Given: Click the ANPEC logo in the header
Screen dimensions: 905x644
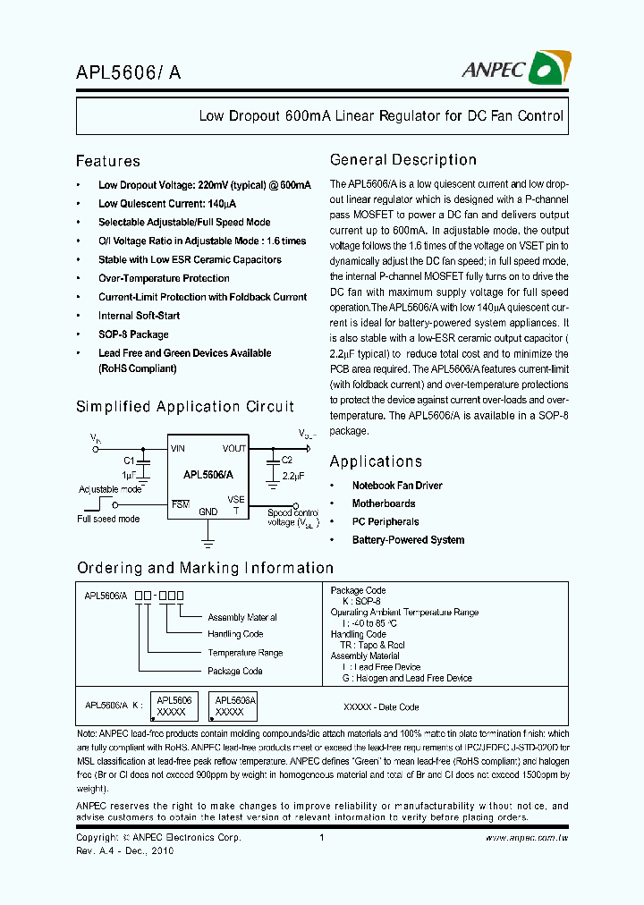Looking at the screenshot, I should pos(528,68).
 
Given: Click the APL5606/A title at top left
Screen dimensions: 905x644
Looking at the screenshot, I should pos(128,74).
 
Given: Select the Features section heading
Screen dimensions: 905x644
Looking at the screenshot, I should pos(108,161).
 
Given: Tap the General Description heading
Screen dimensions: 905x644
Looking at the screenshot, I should pos(402,160).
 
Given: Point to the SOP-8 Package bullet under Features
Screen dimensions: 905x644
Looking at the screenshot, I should pos(133,334).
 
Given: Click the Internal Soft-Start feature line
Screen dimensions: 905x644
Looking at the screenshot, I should pos(139,316).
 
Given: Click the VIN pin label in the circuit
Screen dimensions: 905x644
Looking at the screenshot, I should pos(178,448).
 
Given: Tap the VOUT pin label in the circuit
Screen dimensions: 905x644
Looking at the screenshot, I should pos(234,448).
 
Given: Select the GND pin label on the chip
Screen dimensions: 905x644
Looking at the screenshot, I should pos(208,512).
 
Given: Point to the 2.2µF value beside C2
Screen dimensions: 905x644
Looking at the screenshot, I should pos(294,478).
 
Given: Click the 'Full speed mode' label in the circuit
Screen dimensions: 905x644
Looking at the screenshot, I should pos(108,519).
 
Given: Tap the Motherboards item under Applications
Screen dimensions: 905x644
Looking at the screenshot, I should pos(383,503).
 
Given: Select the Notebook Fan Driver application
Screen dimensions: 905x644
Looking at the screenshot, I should pos(396,486).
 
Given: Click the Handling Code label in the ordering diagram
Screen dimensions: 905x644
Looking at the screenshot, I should pos(235,634).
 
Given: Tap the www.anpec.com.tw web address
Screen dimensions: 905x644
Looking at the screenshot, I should pos(527,838).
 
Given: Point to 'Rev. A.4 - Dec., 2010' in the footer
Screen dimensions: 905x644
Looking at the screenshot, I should pos(125,850).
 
